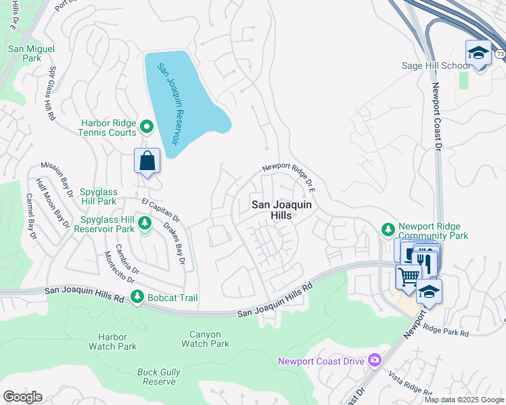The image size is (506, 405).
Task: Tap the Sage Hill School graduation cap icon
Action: click(478, 53)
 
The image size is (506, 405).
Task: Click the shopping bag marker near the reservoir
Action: click(147, 161)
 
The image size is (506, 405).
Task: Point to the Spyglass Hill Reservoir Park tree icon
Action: click(143, 223)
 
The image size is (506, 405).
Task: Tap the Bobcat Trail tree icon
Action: click(137, 296)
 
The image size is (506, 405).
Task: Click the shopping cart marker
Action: click(408, 277)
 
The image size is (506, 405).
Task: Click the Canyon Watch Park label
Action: click(206, 339)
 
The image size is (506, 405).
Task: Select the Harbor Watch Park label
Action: click(112, 342)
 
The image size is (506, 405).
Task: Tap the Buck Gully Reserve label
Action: click(156, 377)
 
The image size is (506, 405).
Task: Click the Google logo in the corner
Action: click(22, 397)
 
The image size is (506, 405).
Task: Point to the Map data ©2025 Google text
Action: click(464, 400)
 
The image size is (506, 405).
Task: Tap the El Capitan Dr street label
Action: click(160, 210)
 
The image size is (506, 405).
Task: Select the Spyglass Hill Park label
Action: click(98, 196)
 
